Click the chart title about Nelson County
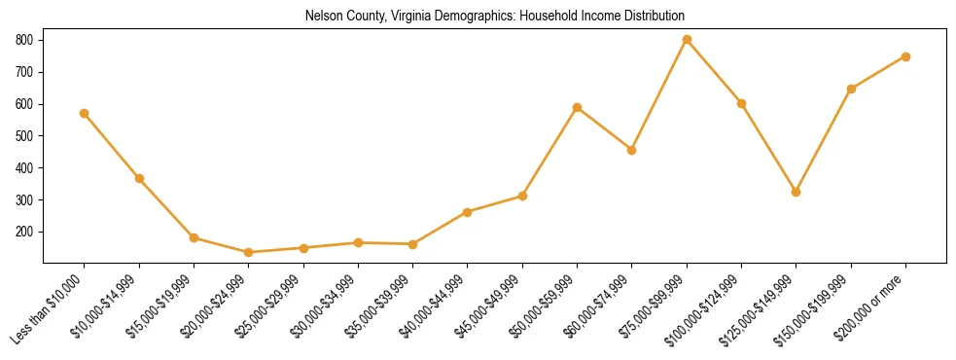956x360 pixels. (x=494, y=17)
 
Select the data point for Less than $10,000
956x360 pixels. (x=85, y=113)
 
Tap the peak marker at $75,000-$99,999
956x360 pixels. (x=687, y=40)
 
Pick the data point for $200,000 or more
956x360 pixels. (x=905, y=56)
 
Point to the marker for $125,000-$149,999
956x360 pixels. (x=797, y=192)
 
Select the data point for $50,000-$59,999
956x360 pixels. (x=578, y=107)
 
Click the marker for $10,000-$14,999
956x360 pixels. (x=139, y=178)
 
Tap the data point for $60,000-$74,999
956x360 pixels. (x=632, y=150)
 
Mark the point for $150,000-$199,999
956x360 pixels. (x=851, y=89)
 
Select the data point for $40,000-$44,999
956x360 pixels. (x=468, y=212)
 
